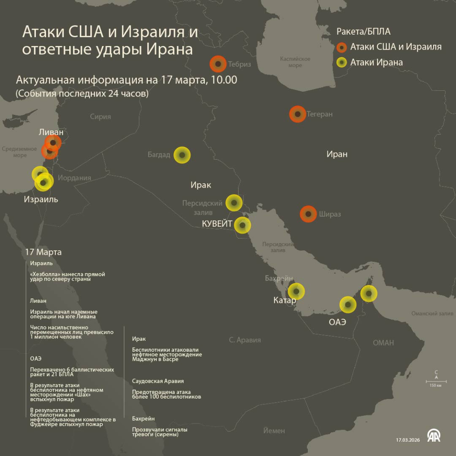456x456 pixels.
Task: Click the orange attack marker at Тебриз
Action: click(x=218, y=64)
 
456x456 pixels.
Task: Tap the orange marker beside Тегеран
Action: click(x=298, y=114)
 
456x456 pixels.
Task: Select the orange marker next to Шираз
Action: click(x=308, y=214)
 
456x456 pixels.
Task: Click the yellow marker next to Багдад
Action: click(x=182, y=155)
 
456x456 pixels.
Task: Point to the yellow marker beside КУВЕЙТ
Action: click(x=243, y=225)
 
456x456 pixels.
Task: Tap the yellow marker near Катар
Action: click(x=296, y=292)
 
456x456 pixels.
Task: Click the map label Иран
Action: click(x=337, y=154)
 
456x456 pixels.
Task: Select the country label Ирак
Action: click(x=201, y=185)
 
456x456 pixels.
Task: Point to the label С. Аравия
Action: click(x=245, y=340)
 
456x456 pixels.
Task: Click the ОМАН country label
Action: click(x=383, y=343)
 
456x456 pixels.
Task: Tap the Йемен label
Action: click(x=274, y=431)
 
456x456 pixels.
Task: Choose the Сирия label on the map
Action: click(x=100, y=117)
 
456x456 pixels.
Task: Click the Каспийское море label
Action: click(x=295, y=62)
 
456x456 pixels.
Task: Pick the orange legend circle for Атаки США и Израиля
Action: click(x=342, y=47)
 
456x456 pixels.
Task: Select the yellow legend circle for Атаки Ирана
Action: click(x=342, y=62)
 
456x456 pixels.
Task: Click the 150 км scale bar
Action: click(x=436, y=381)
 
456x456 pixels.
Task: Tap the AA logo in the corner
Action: click(x=434, y=436)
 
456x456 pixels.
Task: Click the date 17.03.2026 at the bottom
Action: click(x=408, y=440)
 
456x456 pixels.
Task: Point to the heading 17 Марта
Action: click(x=43, y=252)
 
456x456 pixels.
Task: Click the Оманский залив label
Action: click(x=432, y=313)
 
